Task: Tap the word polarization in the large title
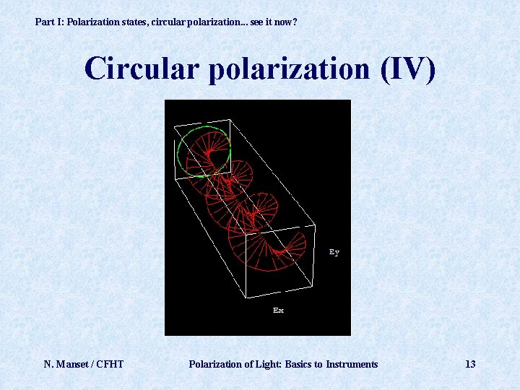[x=286, y=69]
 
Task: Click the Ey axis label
[x=334, y=252]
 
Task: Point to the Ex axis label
[x=278, y=310]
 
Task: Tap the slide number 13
[x=470, y=364]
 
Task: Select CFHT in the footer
[x=108, y=364]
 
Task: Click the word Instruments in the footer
[x=352, y=364]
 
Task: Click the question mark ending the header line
[x=295, y=22]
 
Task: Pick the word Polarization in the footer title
[x=216, y=364]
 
